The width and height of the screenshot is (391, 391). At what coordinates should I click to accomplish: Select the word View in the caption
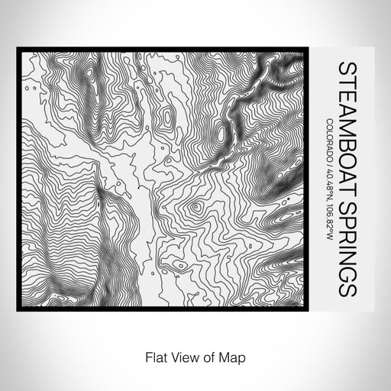183,356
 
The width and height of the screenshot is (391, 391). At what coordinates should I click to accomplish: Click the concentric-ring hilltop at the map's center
195,206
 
